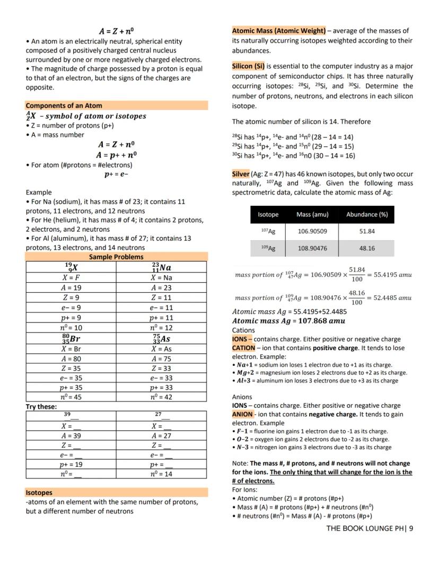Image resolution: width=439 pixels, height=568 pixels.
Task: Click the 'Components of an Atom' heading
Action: pos(64,106)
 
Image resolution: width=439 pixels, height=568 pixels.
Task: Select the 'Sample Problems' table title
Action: pos(116,257)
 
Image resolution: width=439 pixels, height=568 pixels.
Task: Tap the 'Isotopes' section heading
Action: pos(39,492)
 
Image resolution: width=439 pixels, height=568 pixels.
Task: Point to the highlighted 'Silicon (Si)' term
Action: pos(248,66)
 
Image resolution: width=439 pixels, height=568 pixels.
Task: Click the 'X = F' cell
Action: pos(71,277)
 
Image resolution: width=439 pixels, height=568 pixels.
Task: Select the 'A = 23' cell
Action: pos(161,287)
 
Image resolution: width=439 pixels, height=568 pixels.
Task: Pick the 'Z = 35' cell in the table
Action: pos(71,368)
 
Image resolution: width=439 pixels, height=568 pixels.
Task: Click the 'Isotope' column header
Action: pos(268,215)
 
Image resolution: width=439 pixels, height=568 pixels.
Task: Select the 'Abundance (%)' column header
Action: pos(366,215)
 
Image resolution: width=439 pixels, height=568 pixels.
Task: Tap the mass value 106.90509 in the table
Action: pos(312,231)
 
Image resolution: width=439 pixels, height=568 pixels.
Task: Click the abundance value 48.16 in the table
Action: pos(366,248)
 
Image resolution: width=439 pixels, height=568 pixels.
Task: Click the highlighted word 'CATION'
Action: pos(243,348)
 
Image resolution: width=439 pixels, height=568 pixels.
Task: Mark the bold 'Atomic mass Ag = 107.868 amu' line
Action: pos(288,321)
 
